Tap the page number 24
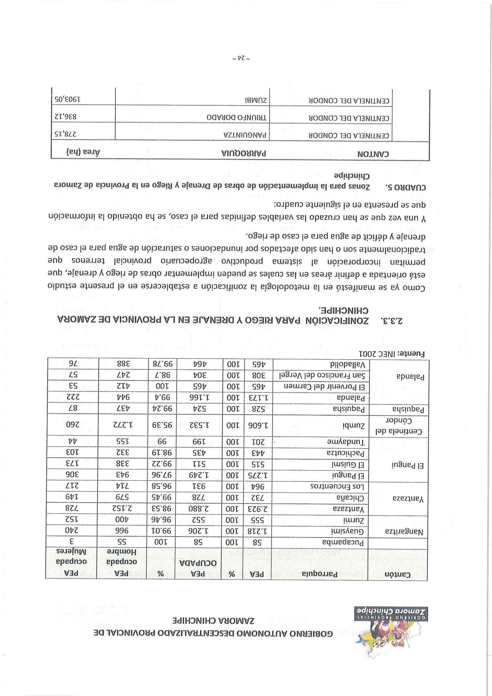pos(241,58)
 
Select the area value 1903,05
pos(69,99)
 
